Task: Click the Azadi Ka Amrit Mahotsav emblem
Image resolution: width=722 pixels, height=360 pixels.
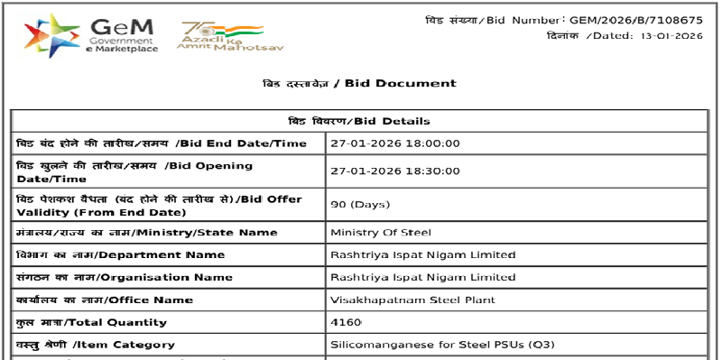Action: (221, 36)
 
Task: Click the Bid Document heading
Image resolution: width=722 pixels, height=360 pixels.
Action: (359, 83)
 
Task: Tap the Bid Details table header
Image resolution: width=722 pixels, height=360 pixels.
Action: (359, 121)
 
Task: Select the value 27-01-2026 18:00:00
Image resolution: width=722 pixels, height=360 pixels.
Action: (395, 143)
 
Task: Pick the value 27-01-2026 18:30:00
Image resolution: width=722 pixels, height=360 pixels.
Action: (395, 171)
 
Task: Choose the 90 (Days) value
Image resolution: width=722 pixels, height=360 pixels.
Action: (360, 205)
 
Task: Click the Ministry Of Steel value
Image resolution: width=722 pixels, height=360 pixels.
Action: (381, 233)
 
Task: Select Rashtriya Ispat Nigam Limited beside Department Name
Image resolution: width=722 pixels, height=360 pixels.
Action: (423, 255)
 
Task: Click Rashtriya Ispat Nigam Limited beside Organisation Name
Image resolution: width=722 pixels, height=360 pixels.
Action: (423, 277)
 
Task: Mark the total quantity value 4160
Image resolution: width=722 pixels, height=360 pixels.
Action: (347, 322)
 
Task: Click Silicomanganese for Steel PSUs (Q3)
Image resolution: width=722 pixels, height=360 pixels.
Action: (436, 345)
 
